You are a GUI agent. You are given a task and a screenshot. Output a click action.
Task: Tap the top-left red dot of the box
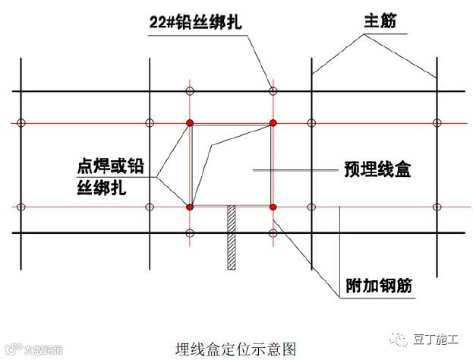pyautogui.click(x=190, y=122)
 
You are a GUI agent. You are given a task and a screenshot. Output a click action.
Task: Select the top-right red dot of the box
pyautogui.click(x=273, y=122)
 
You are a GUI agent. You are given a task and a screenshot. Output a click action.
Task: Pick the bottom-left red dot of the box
pyautogui.click(x=190, y=207)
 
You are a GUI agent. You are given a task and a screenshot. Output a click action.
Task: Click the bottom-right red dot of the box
pyautogui.click(x=273, y=207)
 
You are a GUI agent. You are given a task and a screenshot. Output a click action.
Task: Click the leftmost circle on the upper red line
pyautogui.click(x=22, y=122)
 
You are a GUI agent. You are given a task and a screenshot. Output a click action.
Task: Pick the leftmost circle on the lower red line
pyautogui.click(x=22, y=207)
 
